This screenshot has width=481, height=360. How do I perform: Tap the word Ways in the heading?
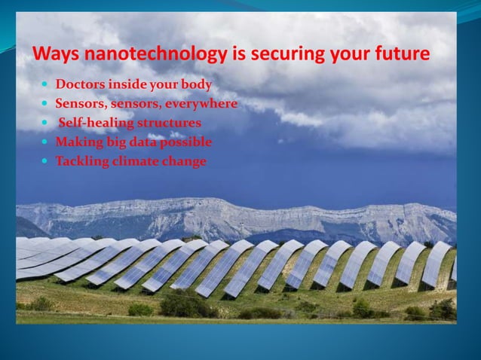[52, 54]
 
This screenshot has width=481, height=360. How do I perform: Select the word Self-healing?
[92, 122]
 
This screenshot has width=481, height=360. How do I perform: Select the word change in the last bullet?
[186, 160]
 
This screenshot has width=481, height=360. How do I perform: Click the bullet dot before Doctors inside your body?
[46, 84]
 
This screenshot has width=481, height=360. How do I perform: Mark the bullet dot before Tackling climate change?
[46, 160]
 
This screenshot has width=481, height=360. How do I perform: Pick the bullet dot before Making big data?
[46, 142]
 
